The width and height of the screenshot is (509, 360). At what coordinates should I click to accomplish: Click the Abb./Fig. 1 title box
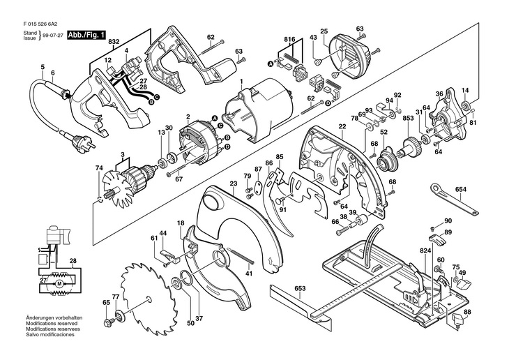click(x=86, y=35)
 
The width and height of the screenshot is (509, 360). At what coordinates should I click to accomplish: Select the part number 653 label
click(x=300, y=288)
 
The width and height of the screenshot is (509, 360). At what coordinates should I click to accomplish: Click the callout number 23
click(x=234, y=183)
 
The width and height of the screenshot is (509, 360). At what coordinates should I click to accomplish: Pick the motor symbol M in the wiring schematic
click(x=59, y=284)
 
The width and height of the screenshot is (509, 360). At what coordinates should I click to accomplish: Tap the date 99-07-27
click(x=54, y=36)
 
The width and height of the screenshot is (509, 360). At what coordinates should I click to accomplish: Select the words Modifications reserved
click(x=52, y=324)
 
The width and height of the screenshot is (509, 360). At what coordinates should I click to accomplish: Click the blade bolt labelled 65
click(x=107, y=323)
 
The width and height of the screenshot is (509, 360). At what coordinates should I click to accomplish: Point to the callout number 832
click(x=114, y=42)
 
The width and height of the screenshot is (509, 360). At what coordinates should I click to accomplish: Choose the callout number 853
click(x=408, y=119)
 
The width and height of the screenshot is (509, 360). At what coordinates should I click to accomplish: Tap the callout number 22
click(x=342, y=126)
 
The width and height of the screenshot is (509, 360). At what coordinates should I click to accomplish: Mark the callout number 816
click(x=289, y=39)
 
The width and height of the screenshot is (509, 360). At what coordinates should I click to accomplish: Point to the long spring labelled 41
click(x=242, y=257)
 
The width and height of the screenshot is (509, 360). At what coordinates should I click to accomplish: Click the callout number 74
click(x=99, y=168)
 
